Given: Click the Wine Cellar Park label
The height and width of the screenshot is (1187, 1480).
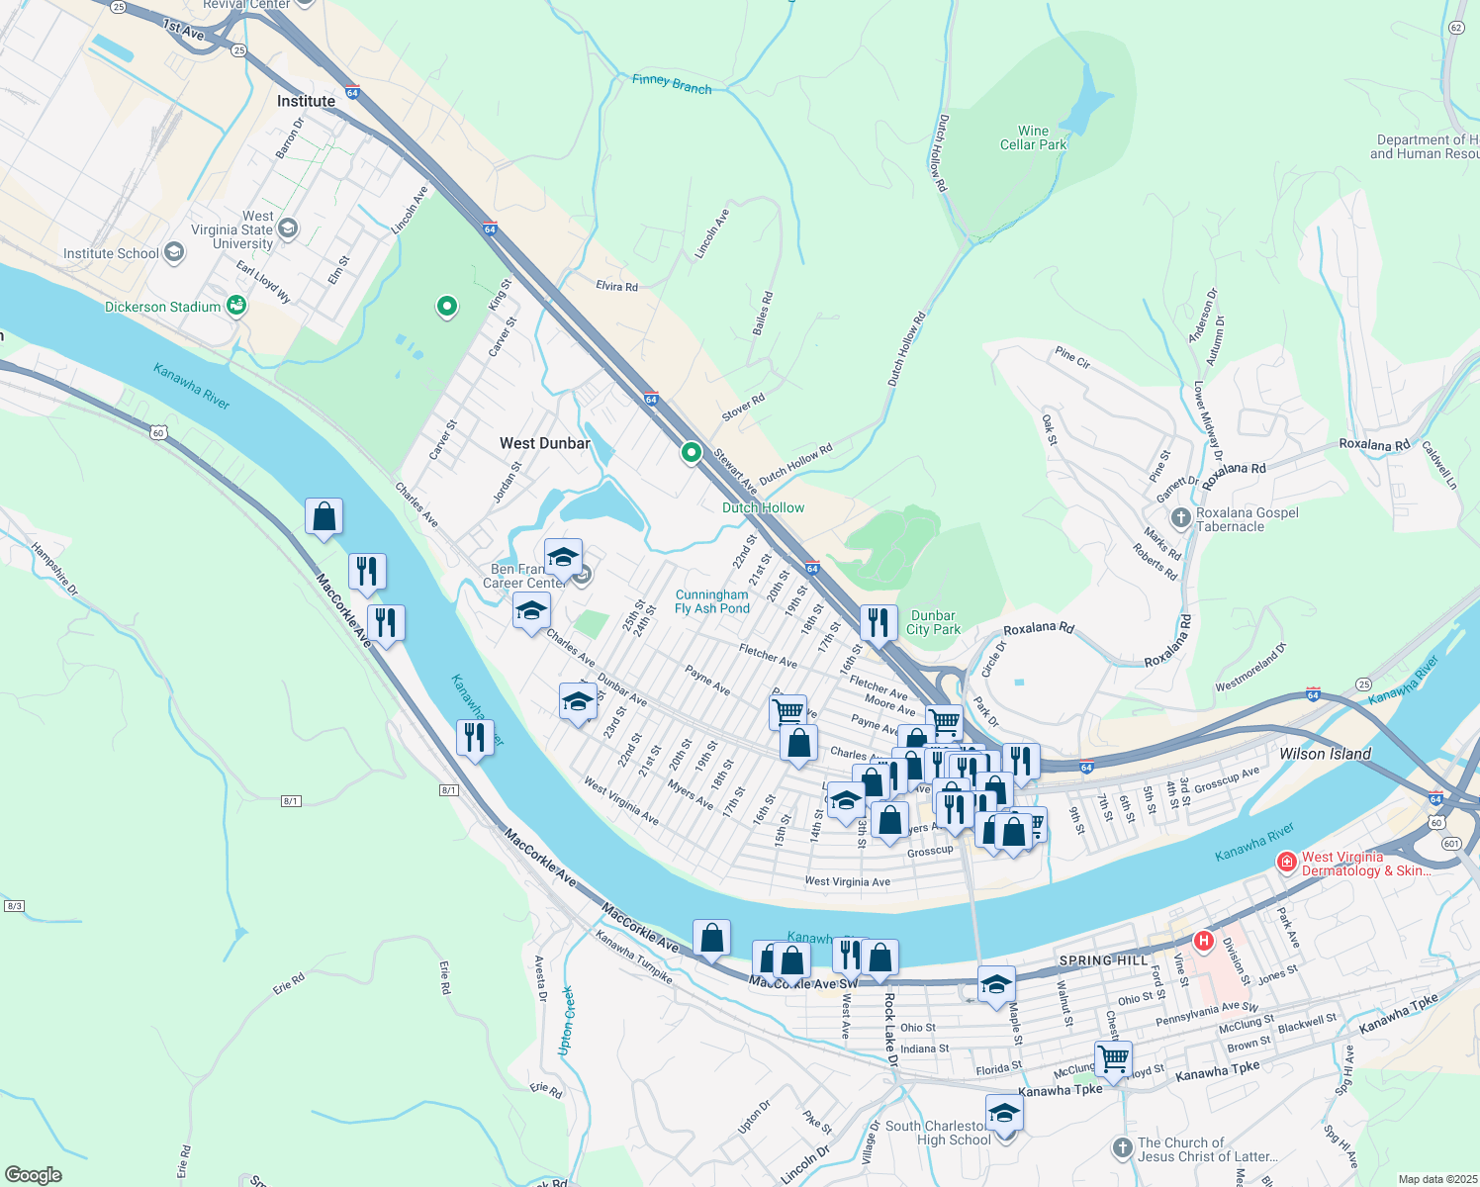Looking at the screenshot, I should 1033,137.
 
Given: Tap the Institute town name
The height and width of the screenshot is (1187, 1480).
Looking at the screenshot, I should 306,101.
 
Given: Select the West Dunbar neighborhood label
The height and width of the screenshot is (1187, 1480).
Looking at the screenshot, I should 544,443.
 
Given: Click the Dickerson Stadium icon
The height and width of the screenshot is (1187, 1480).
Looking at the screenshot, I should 236,306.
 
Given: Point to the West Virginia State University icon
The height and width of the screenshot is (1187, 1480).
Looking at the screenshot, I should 288,229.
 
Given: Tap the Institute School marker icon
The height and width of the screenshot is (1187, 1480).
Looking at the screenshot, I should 174,253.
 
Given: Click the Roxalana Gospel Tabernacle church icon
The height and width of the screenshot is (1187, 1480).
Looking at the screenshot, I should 1180,518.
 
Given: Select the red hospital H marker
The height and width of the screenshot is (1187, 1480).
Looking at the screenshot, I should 1203,941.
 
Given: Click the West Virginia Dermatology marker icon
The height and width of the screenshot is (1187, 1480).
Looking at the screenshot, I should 1286,863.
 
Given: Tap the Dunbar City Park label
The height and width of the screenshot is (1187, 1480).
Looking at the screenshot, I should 933,622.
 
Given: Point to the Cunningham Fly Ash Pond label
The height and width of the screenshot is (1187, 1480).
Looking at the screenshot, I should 711,601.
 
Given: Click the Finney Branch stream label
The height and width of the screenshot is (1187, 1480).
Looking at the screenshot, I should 672,85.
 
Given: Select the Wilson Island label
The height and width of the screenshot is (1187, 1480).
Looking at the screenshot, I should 1325,754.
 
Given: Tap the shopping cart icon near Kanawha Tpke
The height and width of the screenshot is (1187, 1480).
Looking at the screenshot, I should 1113,1058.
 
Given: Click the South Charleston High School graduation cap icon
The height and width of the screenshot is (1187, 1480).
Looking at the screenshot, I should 1004,1113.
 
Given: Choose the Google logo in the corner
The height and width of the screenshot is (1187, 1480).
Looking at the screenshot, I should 34,1175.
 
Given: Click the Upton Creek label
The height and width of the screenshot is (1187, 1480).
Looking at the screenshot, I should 567,1020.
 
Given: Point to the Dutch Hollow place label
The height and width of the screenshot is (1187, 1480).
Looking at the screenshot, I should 763,507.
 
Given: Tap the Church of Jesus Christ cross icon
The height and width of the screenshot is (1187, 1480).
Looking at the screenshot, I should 1121,1147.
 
